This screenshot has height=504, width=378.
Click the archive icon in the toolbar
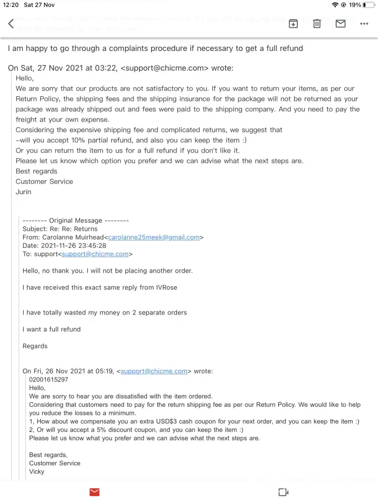(293, 24)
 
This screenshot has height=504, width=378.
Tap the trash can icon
(317, 24)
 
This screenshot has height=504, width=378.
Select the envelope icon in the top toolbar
(341, 24)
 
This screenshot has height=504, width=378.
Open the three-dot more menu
(364, 24)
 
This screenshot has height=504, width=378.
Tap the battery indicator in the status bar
(368, 5)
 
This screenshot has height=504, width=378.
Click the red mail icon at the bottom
(94, 492)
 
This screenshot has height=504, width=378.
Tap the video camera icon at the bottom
(283, 492)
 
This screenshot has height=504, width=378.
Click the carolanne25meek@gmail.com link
(154, 237)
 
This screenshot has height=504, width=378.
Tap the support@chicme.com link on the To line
(95, 254)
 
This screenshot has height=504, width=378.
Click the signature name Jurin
(23, 192)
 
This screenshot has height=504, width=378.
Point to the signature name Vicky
(37, 472)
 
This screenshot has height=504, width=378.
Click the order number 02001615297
(48, 380)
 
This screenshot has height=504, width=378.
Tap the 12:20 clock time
(11, 5)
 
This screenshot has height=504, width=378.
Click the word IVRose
(165, 287)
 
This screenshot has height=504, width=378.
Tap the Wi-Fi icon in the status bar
(335, 5)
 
